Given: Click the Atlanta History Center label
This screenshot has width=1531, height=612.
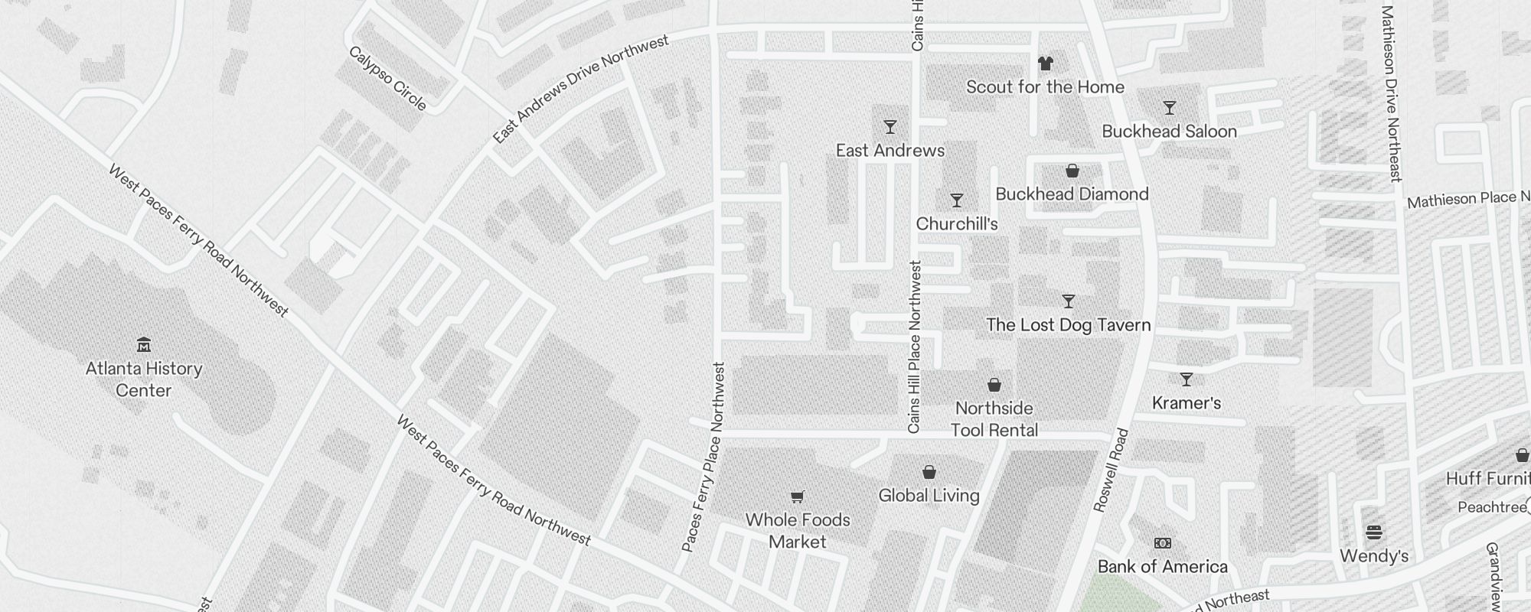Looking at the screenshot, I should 144,379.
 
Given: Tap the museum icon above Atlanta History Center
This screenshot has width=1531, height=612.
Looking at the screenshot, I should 144,344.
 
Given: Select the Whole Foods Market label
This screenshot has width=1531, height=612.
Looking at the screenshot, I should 798,531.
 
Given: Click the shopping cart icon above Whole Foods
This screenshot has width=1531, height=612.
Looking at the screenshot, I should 797,497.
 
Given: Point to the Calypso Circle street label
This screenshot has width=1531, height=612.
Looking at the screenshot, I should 387,78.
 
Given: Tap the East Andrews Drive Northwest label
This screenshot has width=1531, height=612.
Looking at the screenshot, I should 580,90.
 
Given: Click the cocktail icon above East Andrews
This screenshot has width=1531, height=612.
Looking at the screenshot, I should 890,127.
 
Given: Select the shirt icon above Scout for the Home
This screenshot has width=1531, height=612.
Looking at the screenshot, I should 1045,63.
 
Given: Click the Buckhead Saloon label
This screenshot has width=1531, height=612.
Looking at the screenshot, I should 1169,132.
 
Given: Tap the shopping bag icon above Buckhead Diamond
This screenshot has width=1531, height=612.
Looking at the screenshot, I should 1072,171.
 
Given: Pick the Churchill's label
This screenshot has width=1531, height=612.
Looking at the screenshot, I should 957,224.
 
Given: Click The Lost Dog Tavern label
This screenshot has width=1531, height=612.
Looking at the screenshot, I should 1068,325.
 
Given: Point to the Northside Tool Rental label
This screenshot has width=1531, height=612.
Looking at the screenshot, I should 994,419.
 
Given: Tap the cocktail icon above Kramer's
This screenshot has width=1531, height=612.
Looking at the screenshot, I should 1186,379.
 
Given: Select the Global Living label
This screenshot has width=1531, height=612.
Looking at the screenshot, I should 929,496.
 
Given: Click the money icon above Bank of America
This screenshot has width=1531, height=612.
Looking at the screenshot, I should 1162,543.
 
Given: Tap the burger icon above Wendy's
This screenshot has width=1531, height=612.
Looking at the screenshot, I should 1374,532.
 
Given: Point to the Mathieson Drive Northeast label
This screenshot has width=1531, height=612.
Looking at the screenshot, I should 1391,93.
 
